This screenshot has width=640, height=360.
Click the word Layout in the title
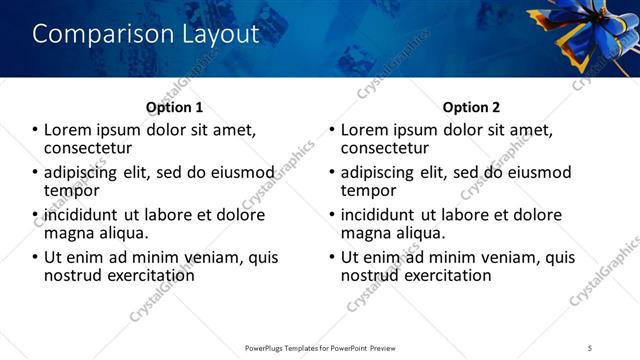point(217,34)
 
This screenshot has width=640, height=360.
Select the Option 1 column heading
point(174,107)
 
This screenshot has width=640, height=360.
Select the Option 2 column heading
point(472,107)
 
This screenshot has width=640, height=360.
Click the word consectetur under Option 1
point(92,148)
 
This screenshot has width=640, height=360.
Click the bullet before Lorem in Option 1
point(35,130)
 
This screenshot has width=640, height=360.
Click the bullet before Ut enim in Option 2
point(333,257)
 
